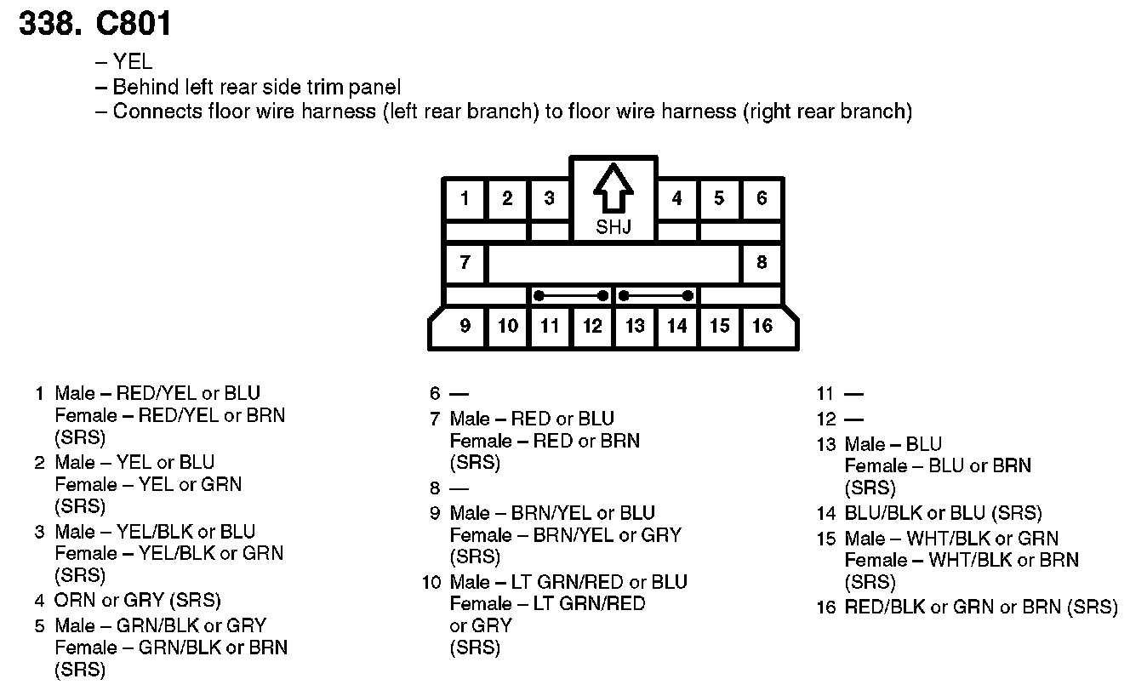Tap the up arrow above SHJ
click(613, 188)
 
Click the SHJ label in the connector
click(613, 227)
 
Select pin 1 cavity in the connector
click(465, 199)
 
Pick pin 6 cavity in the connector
click(762, 199)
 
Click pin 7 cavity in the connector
click(465, 262)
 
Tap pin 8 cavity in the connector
click(762, 262)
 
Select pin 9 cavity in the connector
click(465, 326)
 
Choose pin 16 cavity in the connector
click(762, 326)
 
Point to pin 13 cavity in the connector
click(635, 326)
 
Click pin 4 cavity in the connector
click(676, 199)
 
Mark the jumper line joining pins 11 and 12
click(571, 296)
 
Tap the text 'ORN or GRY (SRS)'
click(137, 601)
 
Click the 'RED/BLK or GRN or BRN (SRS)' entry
click(980, 608)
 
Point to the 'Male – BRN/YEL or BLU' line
click(552, 513)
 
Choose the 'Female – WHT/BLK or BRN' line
click(962, 561)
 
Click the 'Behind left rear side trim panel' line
click(256, 87)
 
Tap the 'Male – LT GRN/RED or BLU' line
click(568, 582)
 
